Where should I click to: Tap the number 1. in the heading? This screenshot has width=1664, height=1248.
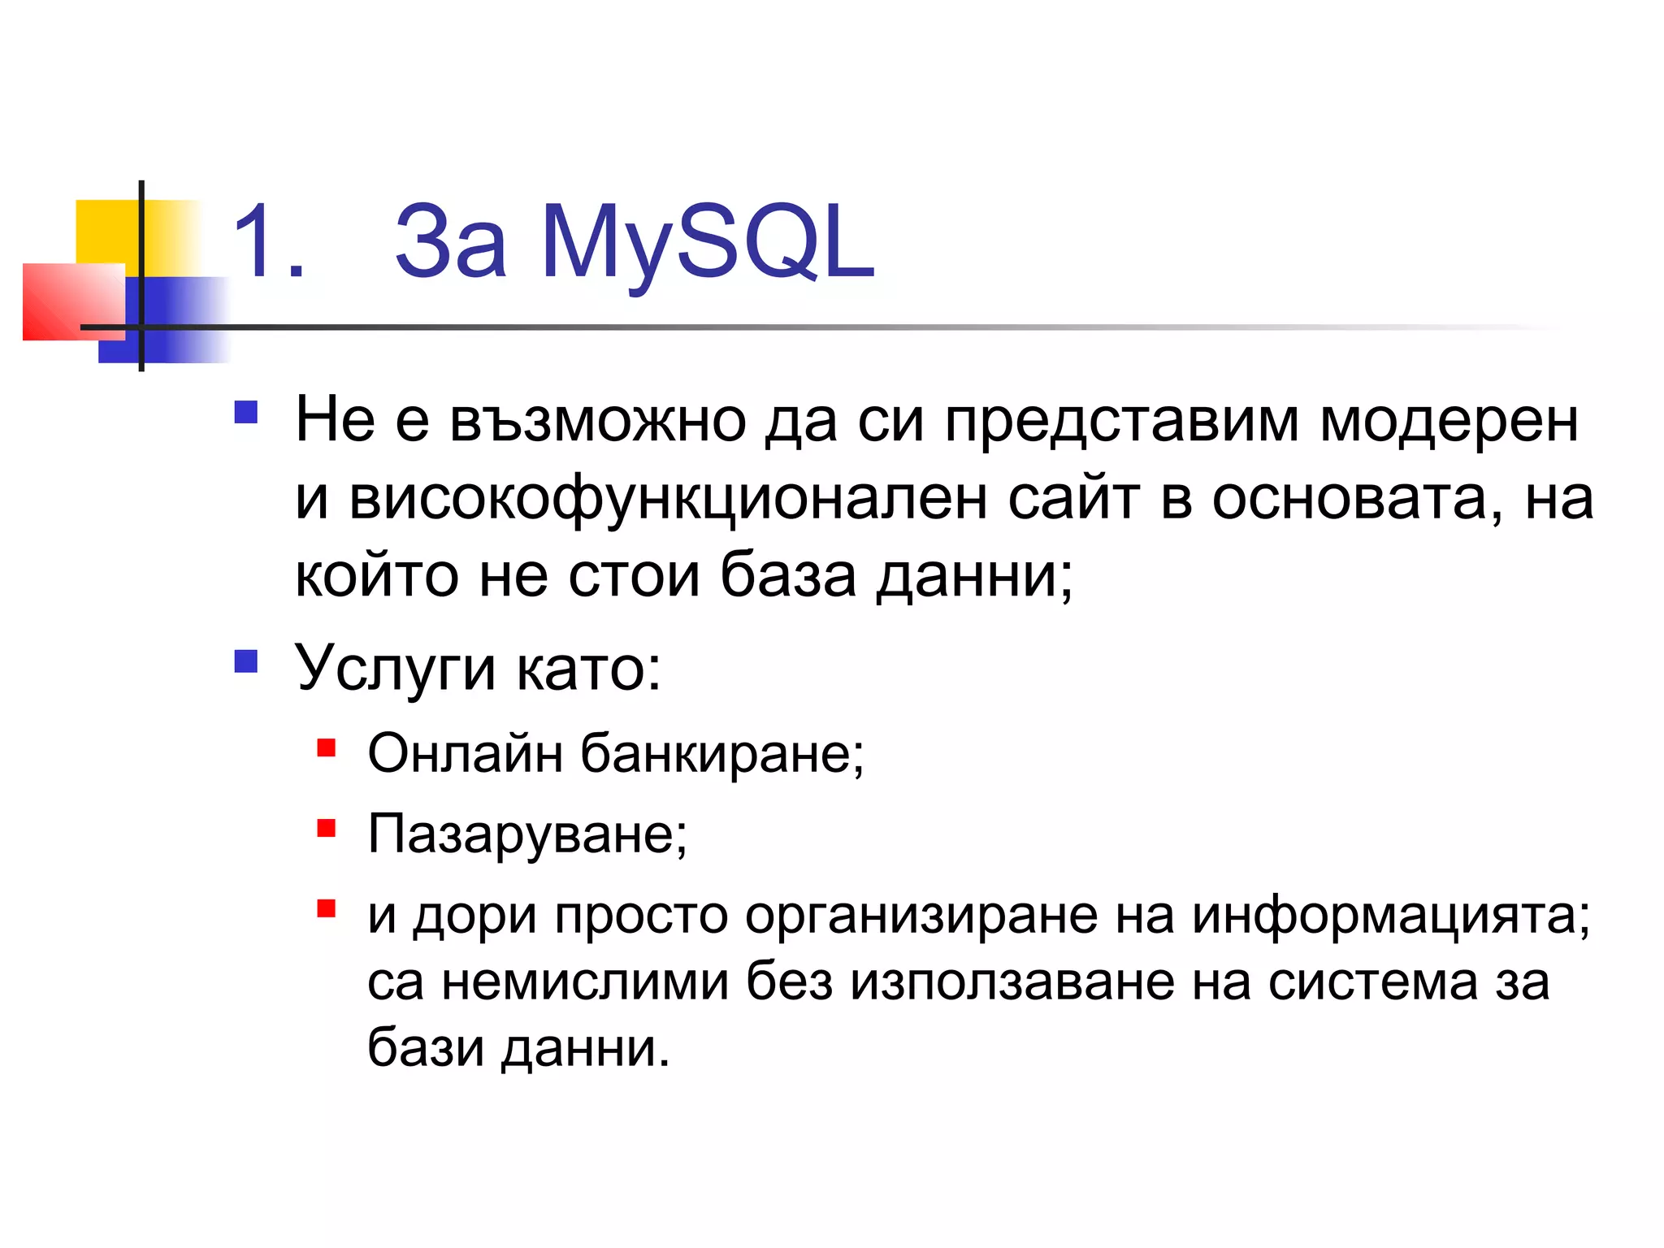click(x=268, y=242)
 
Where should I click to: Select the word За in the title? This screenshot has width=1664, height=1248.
click(x=451, y=242)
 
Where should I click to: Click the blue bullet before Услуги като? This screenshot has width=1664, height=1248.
click(x=245, y=661)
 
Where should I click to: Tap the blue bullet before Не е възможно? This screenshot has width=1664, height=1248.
click(x=245, y=413)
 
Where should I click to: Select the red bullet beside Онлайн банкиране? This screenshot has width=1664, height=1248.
click(x=327, y=747)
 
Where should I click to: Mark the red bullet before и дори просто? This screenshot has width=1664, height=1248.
click(x=327, y=908)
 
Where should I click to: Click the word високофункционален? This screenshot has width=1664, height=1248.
click(x=668, y=499)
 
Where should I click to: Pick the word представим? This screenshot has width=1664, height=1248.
click(x=1121, y=422)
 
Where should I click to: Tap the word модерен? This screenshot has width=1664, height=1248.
click(x=1449, y=422)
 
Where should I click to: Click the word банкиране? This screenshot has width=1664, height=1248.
click(x=721, y=753)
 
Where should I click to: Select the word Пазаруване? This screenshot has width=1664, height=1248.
click(x=526, y=834)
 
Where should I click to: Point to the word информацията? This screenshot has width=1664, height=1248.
click(x=1390, y=916)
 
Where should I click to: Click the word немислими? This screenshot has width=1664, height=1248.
click(x=585, y=981)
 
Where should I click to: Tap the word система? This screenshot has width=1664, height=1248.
click(x=1373, y=981)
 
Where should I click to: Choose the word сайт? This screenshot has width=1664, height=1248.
click(x=1073, y=499)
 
